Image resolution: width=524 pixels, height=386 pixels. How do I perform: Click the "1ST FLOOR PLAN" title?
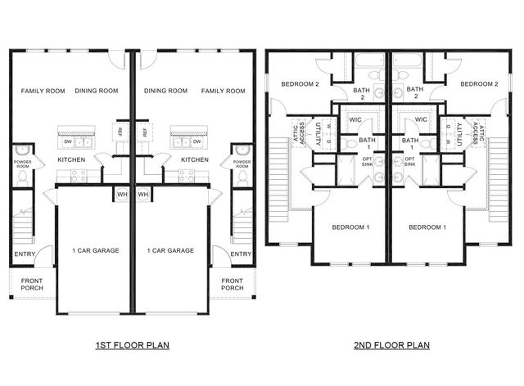132,346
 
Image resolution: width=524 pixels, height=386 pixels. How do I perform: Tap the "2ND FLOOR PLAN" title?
391,346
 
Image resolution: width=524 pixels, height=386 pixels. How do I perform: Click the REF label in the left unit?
120,132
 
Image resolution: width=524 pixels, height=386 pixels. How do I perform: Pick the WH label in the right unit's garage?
142,195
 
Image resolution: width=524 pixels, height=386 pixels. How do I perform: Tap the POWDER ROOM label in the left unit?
23,164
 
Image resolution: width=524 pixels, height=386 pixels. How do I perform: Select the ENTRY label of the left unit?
25,254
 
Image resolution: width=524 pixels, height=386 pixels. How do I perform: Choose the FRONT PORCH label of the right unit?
232,285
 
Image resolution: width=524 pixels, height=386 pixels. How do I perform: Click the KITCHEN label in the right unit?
194,159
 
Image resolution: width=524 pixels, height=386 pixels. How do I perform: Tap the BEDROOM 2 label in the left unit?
300,84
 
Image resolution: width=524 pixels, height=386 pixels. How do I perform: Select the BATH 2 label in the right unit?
415,94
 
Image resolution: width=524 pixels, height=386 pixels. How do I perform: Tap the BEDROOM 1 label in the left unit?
352,227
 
